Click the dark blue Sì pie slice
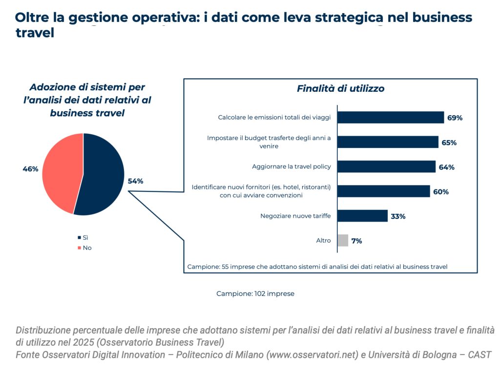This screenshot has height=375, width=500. [x=103, y=176]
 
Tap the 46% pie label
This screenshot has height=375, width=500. [x=30, y=169]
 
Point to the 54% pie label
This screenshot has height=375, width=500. [x=135, y=181]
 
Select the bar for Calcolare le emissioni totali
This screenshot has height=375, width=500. [x=391, y=117]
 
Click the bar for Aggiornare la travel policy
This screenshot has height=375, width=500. [x=386, y=167]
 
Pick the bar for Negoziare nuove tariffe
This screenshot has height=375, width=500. [x=362, y=216]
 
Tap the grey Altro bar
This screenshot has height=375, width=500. [x=343, y=240]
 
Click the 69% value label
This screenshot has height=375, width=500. [x=455, y=118]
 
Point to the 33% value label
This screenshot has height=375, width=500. [x=398, y=216]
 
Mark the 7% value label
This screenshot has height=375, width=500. [x=356, y=241]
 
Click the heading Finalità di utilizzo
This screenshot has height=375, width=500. [x=340, y=88]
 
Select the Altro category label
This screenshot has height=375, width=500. [x=323, y=241]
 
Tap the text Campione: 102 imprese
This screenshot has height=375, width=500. [x=255, y=293]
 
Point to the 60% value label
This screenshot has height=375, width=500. [x=441, y=192]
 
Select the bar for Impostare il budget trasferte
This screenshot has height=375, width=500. [x=388, y=142]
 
